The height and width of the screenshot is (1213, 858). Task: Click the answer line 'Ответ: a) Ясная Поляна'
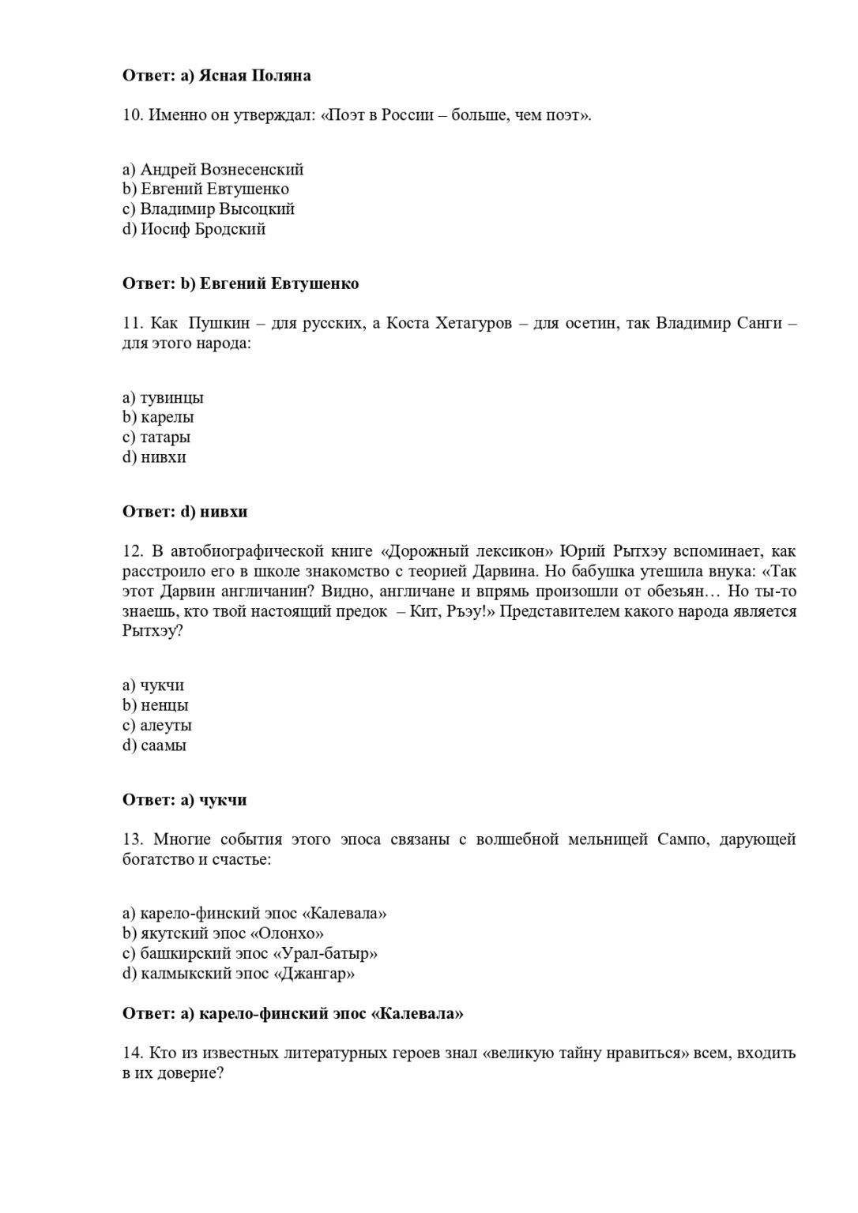click(216, 76)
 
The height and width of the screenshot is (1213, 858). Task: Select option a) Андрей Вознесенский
click(213, 170)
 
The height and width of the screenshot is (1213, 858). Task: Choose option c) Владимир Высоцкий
click(208, 209)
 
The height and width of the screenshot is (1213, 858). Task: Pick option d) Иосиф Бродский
click(194, 229)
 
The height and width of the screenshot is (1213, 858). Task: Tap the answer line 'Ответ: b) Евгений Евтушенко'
click(240, 284)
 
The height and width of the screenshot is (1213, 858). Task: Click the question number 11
click(131, 324)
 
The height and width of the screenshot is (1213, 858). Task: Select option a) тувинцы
click(163, 398)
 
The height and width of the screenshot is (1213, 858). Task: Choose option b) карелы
click(158, 417)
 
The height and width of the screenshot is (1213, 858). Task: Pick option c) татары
click(156, 438)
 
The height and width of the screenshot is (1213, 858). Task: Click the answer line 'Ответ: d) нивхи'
click(185, 512)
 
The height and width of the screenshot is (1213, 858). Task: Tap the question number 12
click(131, 551)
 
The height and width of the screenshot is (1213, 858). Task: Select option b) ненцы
click(155, 705)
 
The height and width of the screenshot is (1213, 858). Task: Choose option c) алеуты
click(157, 725)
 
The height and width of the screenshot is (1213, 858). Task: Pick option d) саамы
click(154, 745)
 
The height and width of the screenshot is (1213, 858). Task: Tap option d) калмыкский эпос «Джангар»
click(238, 973)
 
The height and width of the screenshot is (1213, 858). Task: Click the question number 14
click(131, 1053)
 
